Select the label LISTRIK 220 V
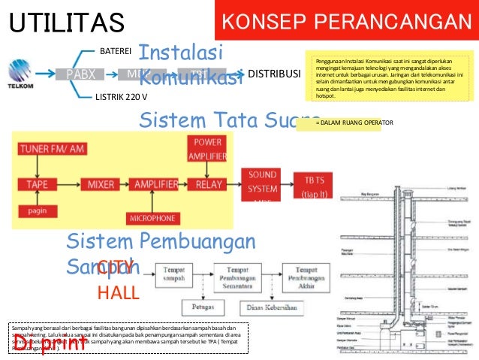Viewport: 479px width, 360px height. [121, 97]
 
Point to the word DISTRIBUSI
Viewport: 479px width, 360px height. [274, 74]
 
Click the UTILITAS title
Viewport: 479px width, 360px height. [66, 23]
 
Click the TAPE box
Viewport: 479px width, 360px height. [37, 184]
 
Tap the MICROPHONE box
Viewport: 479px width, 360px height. [152, 218]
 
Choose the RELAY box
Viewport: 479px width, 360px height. [208, 184]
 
